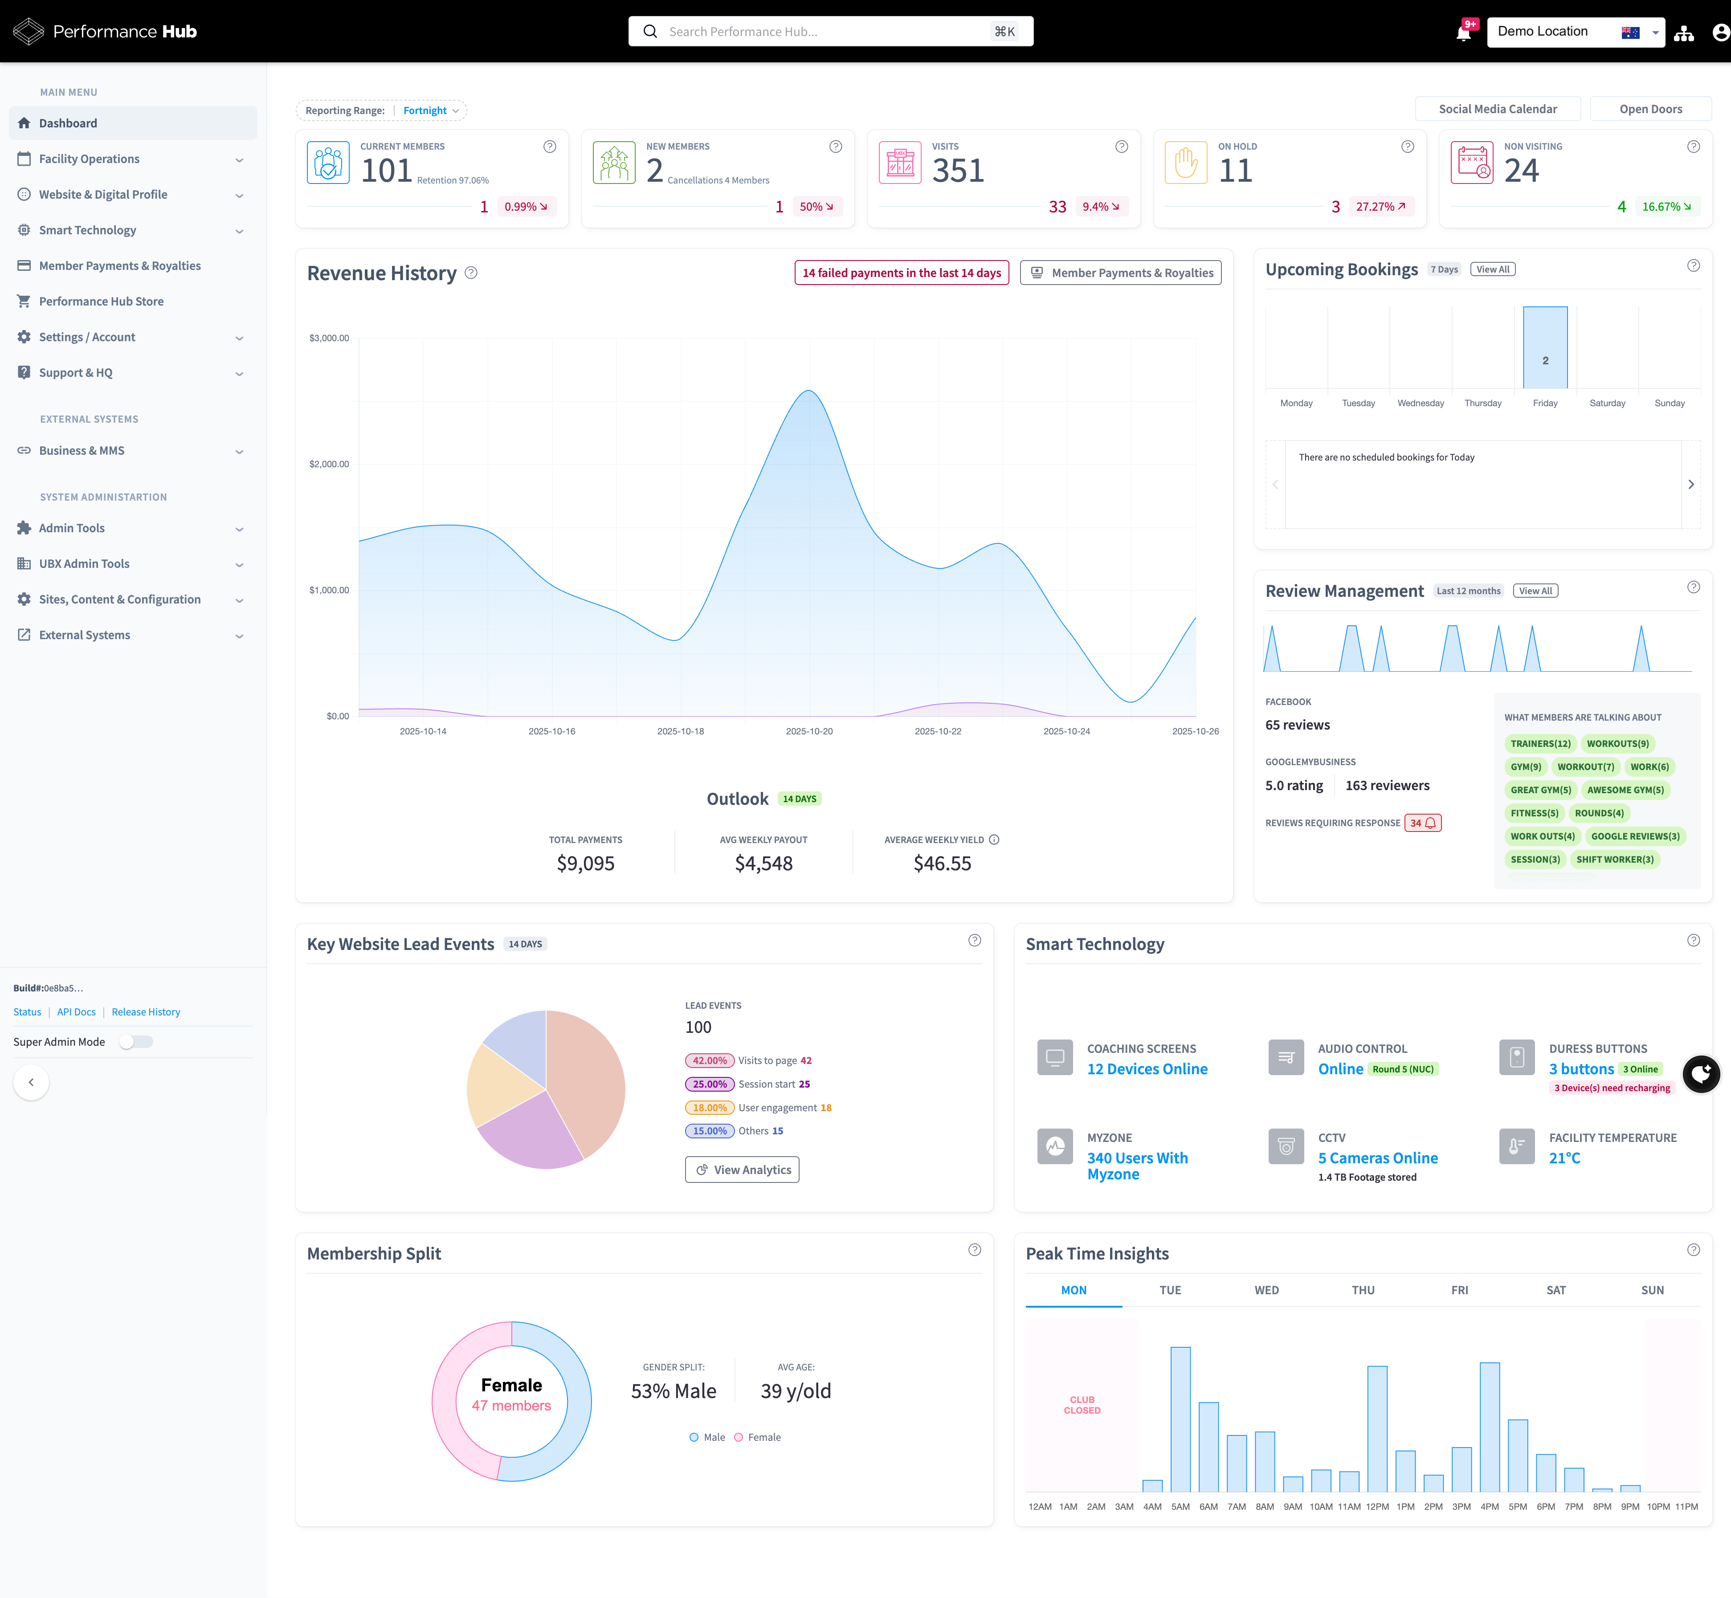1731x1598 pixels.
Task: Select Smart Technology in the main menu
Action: tap(87, 230)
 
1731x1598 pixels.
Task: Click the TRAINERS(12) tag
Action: tap(1540, 744)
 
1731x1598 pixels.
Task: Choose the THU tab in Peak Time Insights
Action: tap(1363, 1290)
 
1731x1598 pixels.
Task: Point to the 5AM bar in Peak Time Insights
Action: tap(1180, 1418)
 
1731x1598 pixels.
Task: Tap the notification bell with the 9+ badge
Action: tap(1463, 33)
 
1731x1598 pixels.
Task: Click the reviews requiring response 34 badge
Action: tap(1422, 823)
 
